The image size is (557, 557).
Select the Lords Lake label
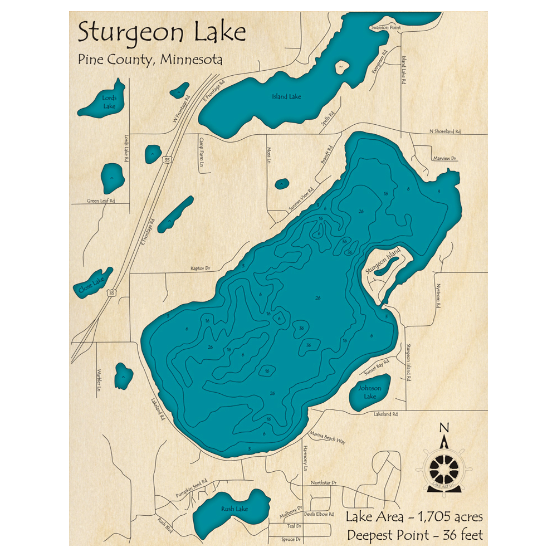point(109,102)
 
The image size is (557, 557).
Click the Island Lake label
point(286,97)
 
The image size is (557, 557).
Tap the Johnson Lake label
point(369,392)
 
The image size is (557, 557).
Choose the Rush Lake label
point(234,509)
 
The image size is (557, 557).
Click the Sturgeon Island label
point(383,261)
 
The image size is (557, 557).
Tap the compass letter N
point(444,428)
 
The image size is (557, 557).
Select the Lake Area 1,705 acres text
point(414,516)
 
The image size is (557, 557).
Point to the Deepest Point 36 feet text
point(414,535)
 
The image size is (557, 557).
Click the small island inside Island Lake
point(340,68)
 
